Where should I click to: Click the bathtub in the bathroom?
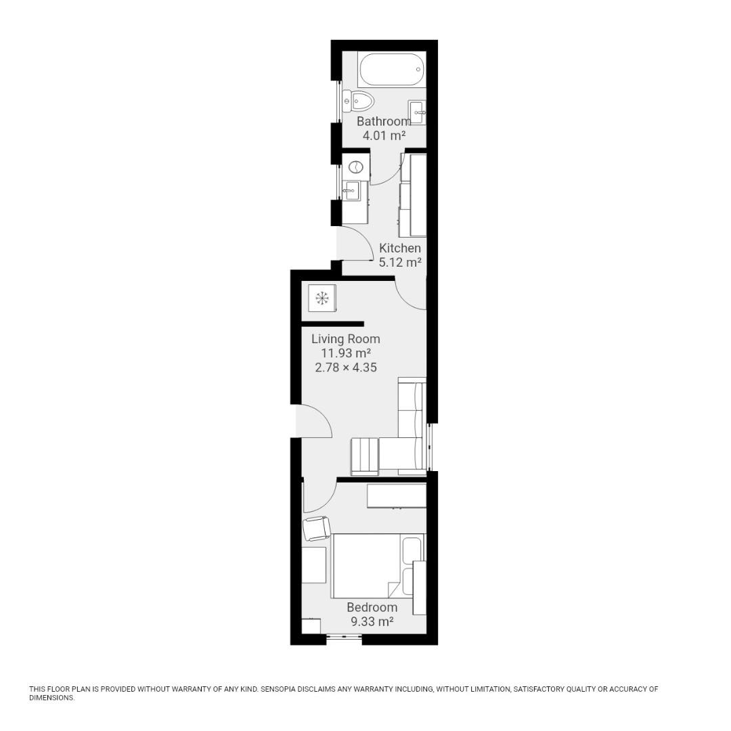(391, 69)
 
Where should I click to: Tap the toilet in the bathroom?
(359, 102)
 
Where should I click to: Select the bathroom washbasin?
(417, 112)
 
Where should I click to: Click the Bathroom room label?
(384, 121)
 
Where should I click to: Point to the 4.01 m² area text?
(384, 135)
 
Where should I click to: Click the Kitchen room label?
(400, 248)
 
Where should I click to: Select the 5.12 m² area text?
(400, 263)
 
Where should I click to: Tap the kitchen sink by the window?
(351, 191)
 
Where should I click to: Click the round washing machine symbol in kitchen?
(355, 167)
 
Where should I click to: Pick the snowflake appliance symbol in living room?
(322, 298)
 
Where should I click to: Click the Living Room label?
(345, 338)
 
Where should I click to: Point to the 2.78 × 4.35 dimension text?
(345, 368)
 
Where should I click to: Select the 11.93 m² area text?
(345, 353)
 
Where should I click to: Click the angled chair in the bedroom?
(316, 528)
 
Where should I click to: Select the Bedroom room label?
(372, 607)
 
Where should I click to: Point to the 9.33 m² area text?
(372, 621)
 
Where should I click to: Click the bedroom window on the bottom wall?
(344, 637)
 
